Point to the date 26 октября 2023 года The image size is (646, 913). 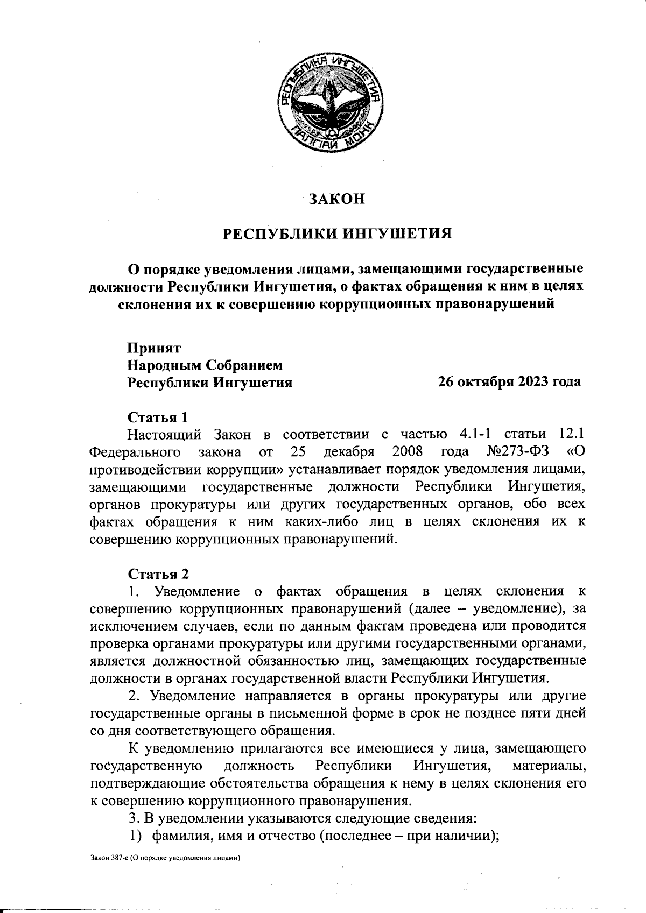tap(509, 381)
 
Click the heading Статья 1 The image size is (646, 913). tap(158, 417)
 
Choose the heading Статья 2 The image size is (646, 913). tap(158, 574)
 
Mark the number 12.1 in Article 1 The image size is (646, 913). tap(570, 434)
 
